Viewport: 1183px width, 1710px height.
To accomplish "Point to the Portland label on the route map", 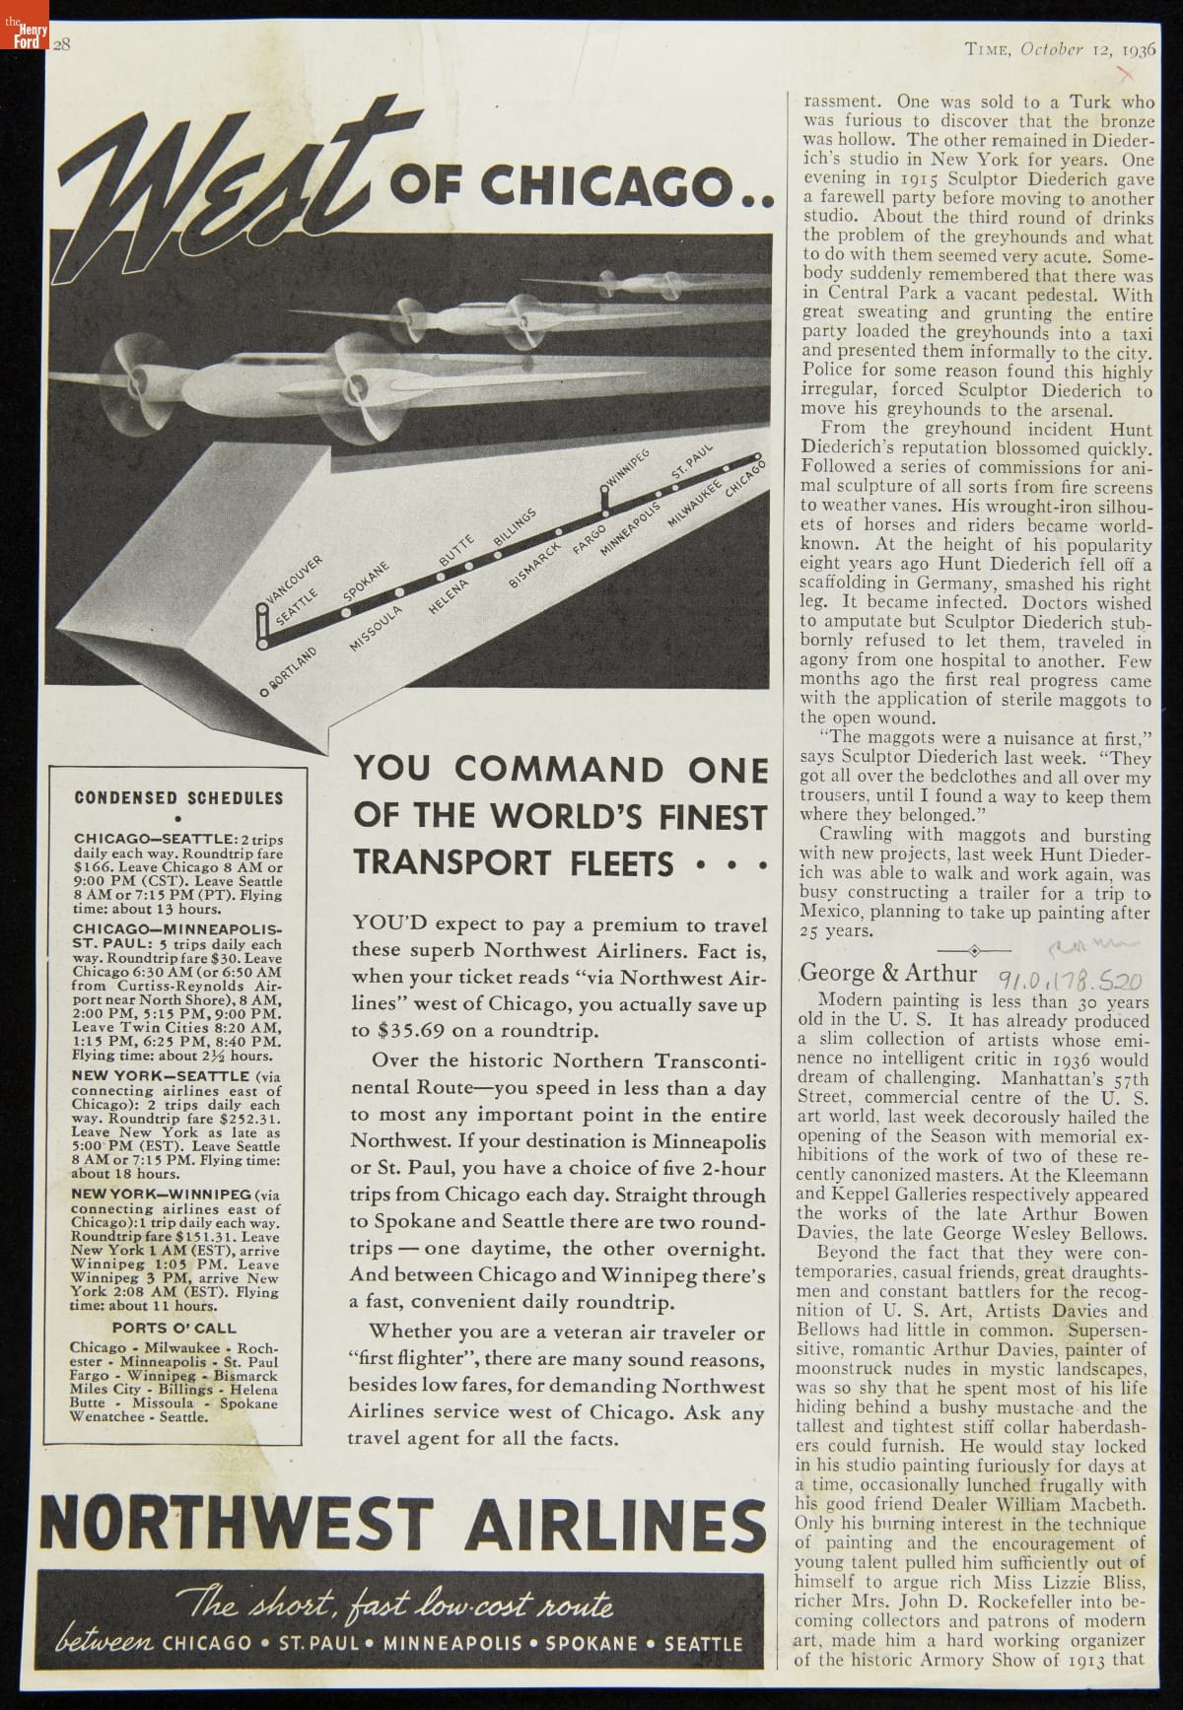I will point(292,671).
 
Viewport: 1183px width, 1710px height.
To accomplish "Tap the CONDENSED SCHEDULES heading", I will point(178,798).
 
